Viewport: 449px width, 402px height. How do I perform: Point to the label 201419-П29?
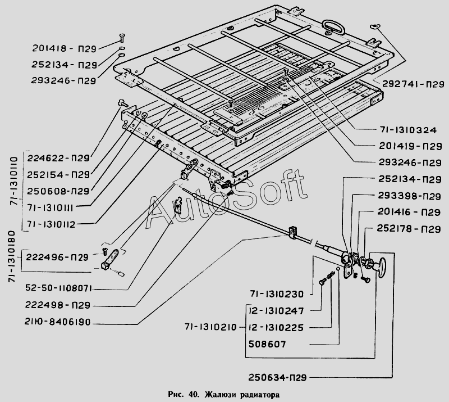(407, 147)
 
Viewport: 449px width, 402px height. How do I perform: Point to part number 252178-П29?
(407, 229)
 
